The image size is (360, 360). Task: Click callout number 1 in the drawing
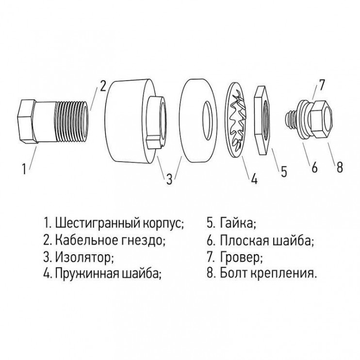(24, 169)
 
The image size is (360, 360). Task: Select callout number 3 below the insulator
(169, 179)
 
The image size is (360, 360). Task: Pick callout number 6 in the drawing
(314, 167)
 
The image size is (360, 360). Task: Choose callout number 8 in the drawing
(339, 167)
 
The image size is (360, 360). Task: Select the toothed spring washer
(236, 120)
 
